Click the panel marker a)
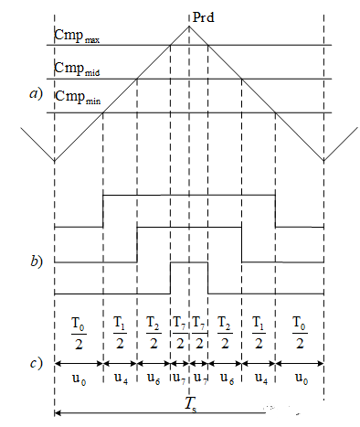[37, 91]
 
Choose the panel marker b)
[36, 262]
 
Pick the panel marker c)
[36, 364]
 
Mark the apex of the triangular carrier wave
[190, 26]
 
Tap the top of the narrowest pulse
[189, 262]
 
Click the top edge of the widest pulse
[189, 195]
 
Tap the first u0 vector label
[79, 377]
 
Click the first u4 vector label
[120, 377]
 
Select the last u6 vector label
[225, 377]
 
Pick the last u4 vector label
[259, 377]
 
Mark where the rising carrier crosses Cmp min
[102, 113]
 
